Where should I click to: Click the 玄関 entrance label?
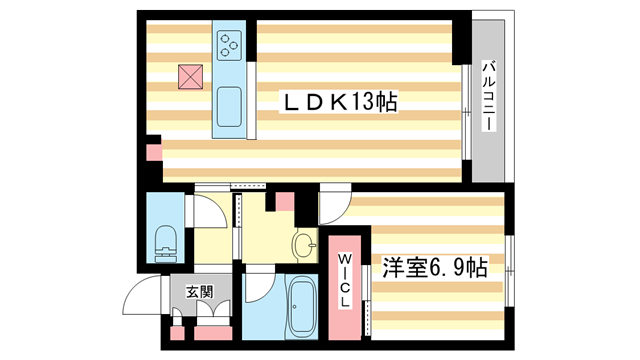tap(199, 292)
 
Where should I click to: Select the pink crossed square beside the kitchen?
tap(190, 75)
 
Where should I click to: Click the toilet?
tap(165, 241)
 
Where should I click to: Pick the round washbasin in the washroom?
tap(304, 244)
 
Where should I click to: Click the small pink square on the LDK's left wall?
tap(153, 154)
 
